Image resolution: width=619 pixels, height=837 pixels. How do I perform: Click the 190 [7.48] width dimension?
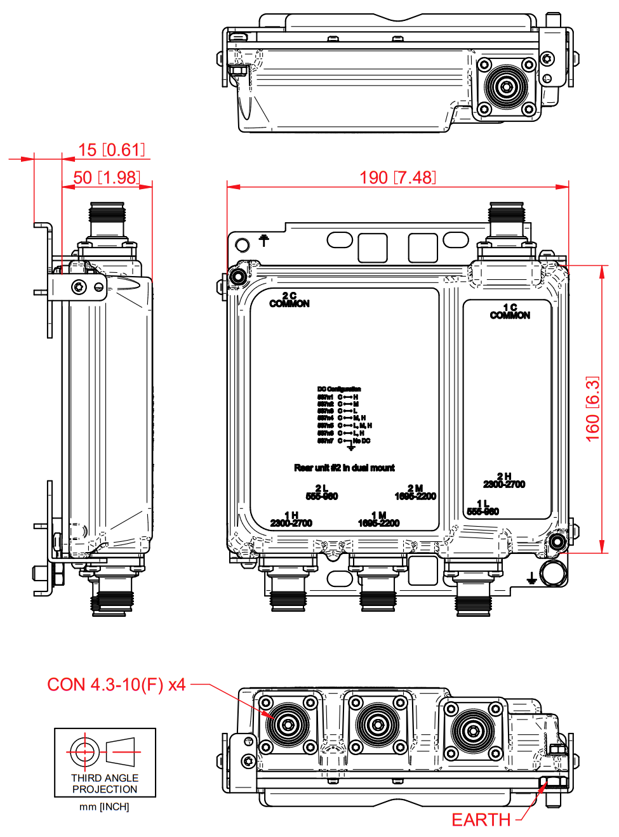pyautogui.click(x=397, y=178)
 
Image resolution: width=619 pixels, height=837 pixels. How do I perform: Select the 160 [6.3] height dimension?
pyautogui.click(x=592, y=409)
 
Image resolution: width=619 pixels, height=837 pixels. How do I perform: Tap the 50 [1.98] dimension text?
pyautogui.click(x=106, y=178)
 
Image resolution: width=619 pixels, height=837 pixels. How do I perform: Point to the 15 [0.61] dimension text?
pyautogui.click(x=111, y=150)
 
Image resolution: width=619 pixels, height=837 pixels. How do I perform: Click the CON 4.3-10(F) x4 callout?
pyautogui.click(x=116, y=685)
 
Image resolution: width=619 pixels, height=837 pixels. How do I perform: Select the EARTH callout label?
pyautogui.click(x=481, y=820)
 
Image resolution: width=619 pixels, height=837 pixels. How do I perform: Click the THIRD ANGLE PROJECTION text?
pyautogui.click(x=105, y=784)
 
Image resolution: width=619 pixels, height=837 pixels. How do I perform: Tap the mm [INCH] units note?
pyautogui.click(x=104, y=807)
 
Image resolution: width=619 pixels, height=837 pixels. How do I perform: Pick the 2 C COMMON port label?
pyautogui.click(x=290, y=300)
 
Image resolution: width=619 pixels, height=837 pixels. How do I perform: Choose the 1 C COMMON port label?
pyautogui.click(x=510, y=312)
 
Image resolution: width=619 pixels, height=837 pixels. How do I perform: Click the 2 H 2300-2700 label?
pyautogui.click(x=504, y=480)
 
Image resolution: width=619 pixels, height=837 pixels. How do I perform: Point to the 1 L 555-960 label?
pyautogui.click(x=483, y=508)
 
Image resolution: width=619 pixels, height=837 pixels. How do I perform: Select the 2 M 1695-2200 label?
pyautogui.click(x=415, y=492)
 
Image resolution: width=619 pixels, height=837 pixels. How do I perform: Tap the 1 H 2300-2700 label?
pyautogui.click(x=291, y=520)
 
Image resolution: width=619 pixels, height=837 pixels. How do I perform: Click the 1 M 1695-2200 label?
pyautogui.click(x=379, y=520)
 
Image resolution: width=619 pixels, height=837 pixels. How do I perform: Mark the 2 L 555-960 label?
pyautogui.click(x=322, y=492)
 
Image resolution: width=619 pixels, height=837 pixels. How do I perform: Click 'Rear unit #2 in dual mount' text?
pyautogui.click(x=344, y=468)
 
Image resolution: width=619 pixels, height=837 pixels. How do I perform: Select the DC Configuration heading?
pyautogui.click(x=339, y=389)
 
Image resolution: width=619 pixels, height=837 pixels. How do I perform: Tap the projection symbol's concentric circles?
pyautogui.click(x=83, y=752)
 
